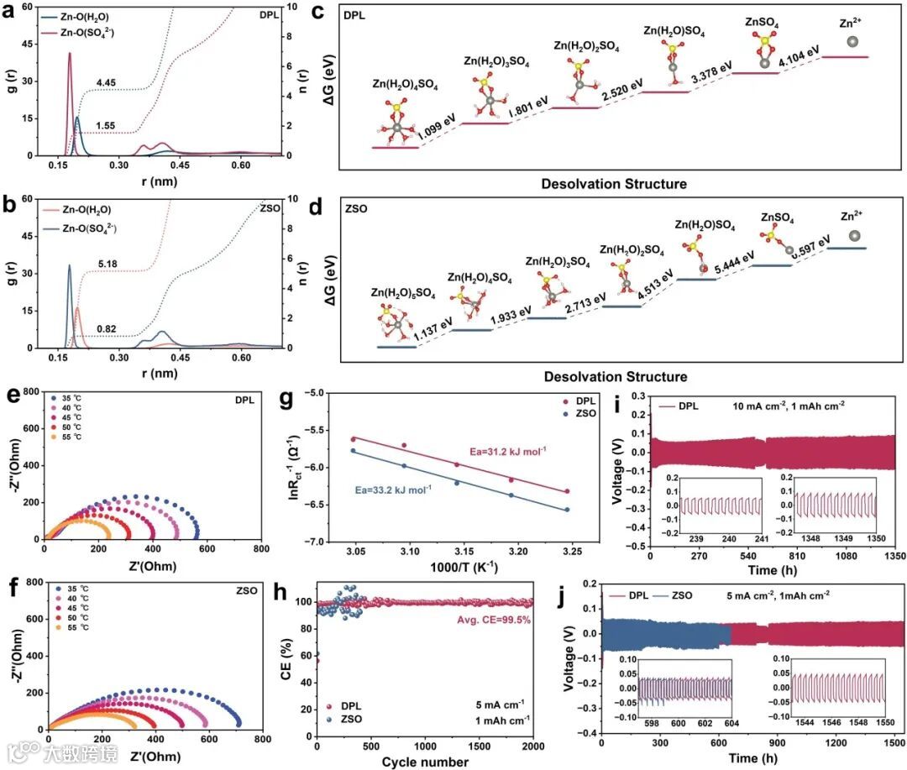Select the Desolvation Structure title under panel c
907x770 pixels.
(614, 183)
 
